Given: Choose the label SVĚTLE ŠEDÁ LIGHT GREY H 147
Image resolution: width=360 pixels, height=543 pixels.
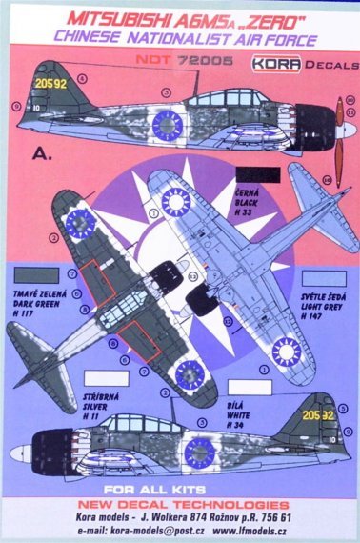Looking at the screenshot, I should pyautogui.click(x=322, y=287).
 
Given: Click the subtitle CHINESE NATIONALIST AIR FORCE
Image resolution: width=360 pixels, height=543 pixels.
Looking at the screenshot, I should pyautogui.click(x=179, y=35).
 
